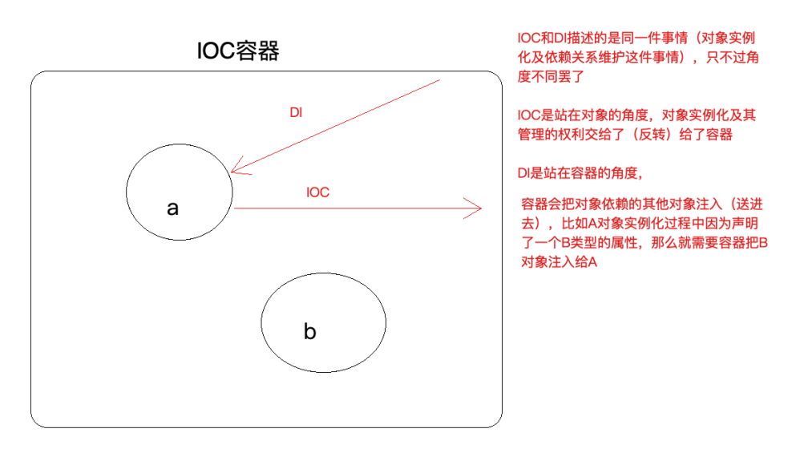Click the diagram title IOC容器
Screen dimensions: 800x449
(239, 51)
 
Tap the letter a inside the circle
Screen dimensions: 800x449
(172, 208)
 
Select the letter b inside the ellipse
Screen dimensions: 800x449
(310, 330)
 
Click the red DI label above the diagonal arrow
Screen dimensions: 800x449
(296, 113)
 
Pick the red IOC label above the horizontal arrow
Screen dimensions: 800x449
(318, 192)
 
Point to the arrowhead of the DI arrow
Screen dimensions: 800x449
(232, 170)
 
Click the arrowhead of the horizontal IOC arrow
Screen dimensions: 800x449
(478, 209)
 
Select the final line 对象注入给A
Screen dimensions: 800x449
(559, 262)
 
